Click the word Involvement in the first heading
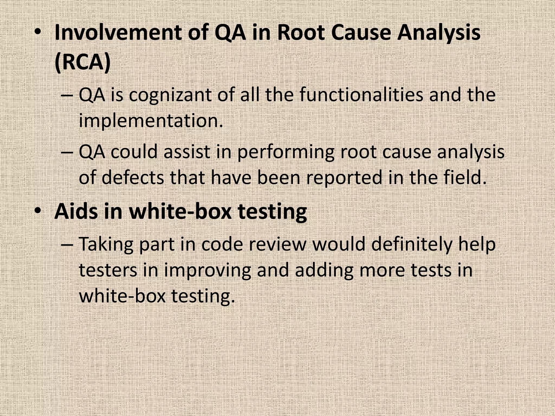click(118, 33)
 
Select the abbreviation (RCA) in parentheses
click(83, 62)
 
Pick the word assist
click(187, 152)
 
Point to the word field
click(465, 177)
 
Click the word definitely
click(412, 244)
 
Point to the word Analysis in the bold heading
click(439, 33)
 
